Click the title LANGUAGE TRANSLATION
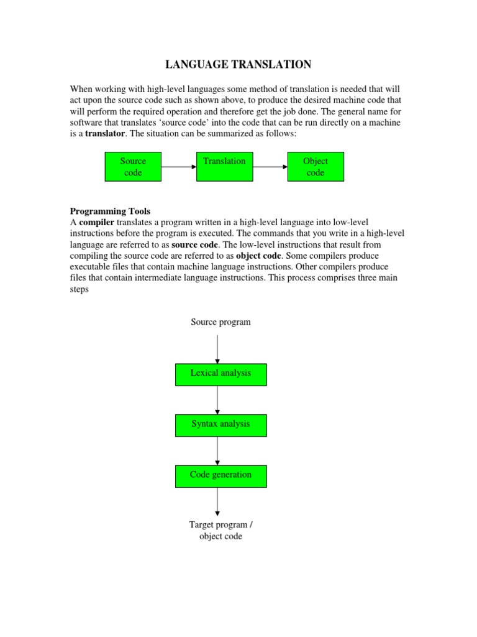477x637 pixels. click(238, 64)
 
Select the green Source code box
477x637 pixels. click(133, 167)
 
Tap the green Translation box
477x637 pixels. click(224, 167)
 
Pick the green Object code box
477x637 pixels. click(316, 167)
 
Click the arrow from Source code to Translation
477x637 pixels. click(179, 167)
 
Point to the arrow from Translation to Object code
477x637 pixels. click(270, 167)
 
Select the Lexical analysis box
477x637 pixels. click(220, 374)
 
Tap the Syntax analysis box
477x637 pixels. click(220, 425)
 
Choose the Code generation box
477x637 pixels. click(220, 476)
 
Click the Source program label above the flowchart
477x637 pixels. click(220, 322)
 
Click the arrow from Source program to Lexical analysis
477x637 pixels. click(217, 348)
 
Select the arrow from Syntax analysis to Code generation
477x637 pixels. click(217, 451)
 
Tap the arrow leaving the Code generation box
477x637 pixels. click(217, 501)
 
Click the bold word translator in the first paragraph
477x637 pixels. click(105, 133)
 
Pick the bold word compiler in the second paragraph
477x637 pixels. click(96, 223)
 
